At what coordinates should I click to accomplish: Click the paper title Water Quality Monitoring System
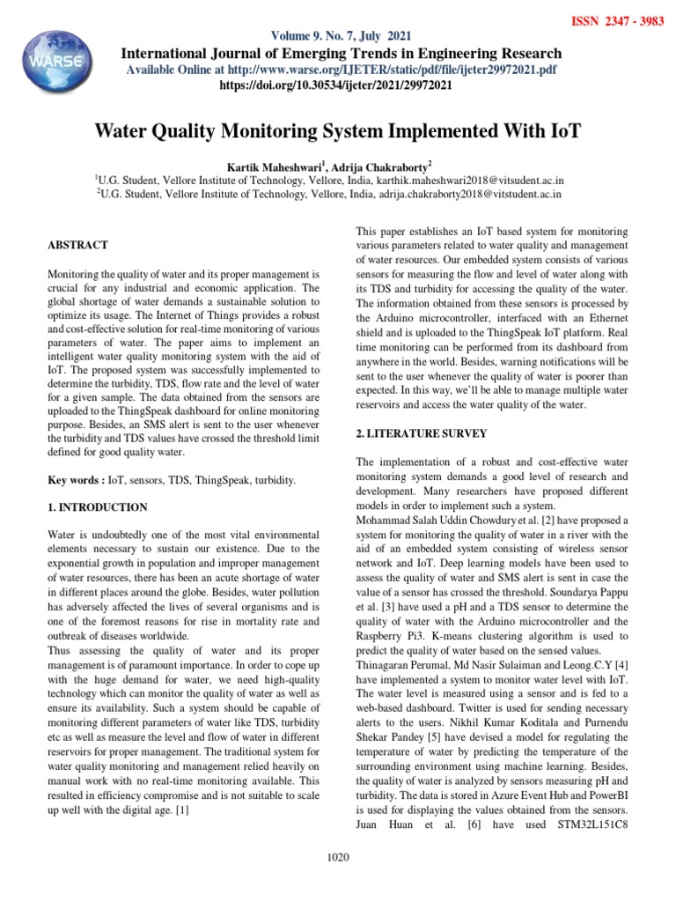[x=338, y=133]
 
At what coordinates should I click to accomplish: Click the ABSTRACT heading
[x=78, y=245]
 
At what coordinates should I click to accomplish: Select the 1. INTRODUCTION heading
[x=98, y=508]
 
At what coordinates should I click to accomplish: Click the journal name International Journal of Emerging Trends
[x=340, y=53]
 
